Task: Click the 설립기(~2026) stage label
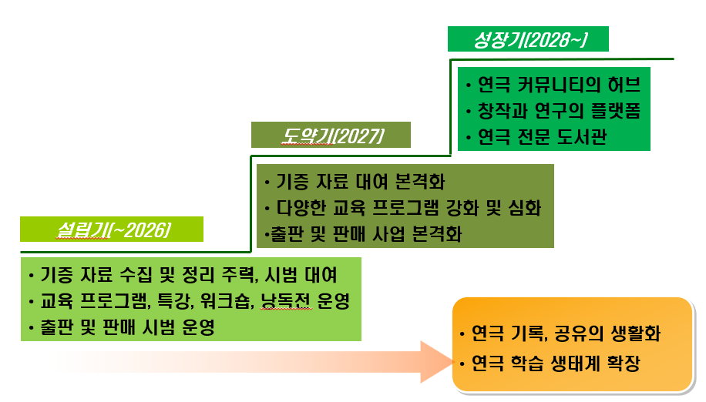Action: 113,229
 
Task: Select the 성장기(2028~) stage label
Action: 528,39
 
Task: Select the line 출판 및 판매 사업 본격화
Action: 365,234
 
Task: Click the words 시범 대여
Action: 301,274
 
